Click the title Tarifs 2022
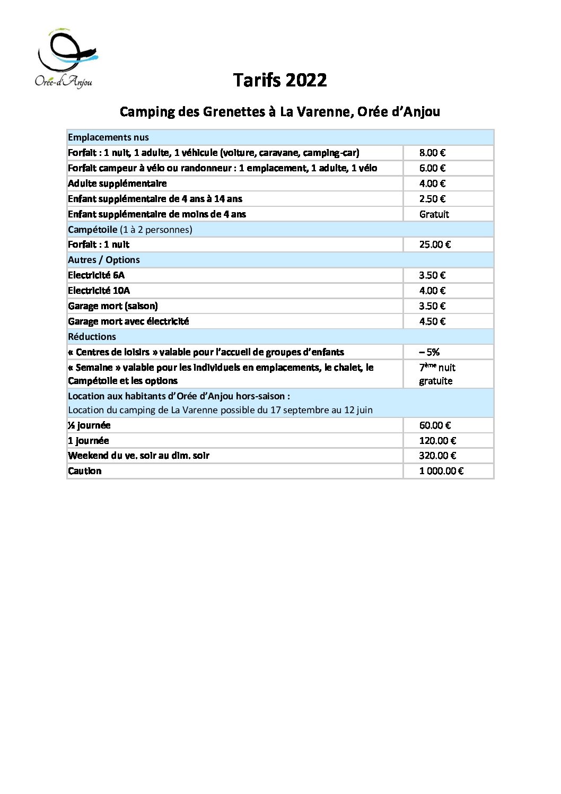280,80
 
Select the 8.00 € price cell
432,153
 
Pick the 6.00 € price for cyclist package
432,168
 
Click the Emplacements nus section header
108,137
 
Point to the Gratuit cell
434,214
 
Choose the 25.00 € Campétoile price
435,245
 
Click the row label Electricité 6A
96,275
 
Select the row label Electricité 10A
99,291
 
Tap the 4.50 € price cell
432,321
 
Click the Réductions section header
92,337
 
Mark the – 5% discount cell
429,352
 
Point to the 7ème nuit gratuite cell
437,374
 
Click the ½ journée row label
89,425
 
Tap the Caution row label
84,471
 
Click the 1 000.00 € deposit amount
441,471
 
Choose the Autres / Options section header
104,260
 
